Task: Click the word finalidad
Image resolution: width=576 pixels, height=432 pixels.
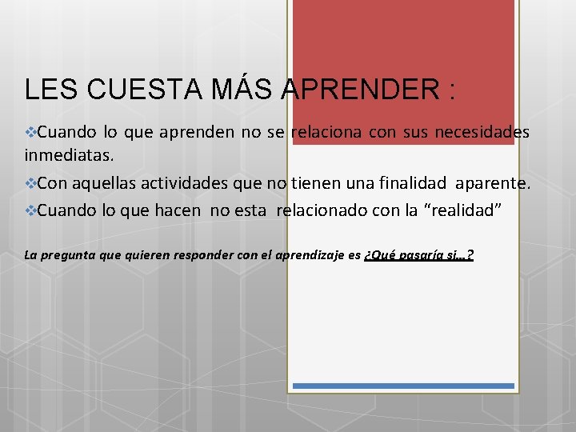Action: pos(408,183)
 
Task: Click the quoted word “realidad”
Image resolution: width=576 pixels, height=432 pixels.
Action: pos(466,212)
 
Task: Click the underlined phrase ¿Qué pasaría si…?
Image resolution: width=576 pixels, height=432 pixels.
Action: pos(418,256)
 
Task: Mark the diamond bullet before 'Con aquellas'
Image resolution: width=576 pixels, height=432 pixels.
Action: pos(31,183)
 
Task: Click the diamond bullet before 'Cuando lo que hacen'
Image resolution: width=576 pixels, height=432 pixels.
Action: pos(31,212)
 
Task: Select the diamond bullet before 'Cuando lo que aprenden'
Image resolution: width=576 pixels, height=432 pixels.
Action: pos(31,132)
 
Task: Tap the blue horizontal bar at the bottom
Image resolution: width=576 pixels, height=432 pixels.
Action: pos(403,386)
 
